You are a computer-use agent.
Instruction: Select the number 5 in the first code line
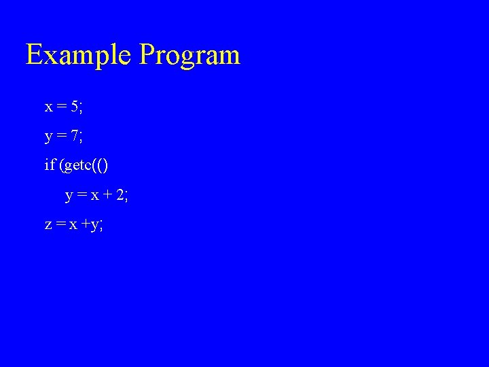(x=74, y=107)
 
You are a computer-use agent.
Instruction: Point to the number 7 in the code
(x=74, y=136)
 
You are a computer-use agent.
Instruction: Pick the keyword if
(x=50, y=165)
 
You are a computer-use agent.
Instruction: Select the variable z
(x=48, y=226)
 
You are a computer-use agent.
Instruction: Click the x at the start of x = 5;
(x=49, y=107)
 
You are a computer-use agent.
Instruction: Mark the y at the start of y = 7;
(x=49, y=138)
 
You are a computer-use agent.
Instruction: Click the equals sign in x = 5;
(x=61, y=107)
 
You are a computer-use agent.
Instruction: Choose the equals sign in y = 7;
(x=61, y=137)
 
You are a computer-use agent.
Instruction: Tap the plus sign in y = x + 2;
(x=106, y=196)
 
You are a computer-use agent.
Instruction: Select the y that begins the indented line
(x=69, y=197)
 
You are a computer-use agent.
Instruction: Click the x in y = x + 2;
(x=94, y=196)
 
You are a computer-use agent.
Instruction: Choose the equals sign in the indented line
(x=81, y=196)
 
